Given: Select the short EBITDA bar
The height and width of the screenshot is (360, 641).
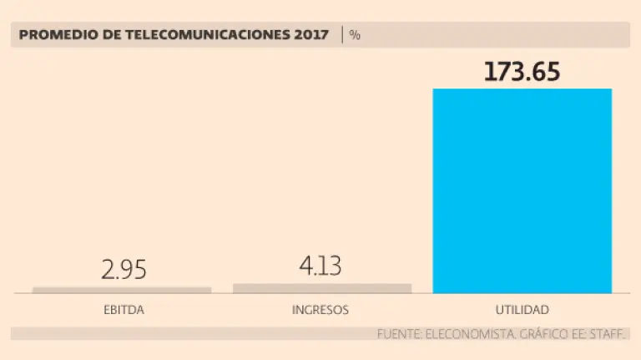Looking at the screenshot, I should tap(122, 290).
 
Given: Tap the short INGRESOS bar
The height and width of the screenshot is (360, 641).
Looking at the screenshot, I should tap(321, 288).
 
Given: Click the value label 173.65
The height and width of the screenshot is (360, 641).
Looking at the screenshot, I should tap(522, 72).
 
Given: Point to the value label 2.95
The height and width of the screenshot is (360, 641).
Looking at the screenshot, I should tap(123, 270).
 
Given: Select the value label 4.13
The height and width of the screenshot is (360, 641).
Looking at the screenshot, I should tap(320, 266).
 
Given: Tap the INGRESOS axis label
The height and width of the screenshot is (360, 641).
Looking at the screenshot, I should tap(320, 310).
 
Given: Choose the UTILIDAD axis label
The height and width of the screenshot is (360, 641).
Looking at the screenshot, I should tap(522, 310).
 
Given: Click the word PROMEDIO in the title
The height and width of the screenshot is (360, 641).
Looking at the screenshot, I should tap(53, 35).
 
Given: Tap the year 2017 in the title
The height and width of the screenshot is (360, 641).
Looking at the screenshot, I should tap(311, 35).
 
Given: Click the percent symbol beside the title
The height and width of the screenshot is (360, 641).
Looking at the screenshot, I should tap(355, 35).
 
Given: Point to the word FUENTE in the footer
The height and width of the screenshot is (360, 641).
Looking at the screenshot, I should tap(399, 334).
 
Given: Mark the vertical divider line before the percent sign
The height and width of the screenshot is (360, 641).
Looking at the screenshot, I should tap(341, 35).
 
